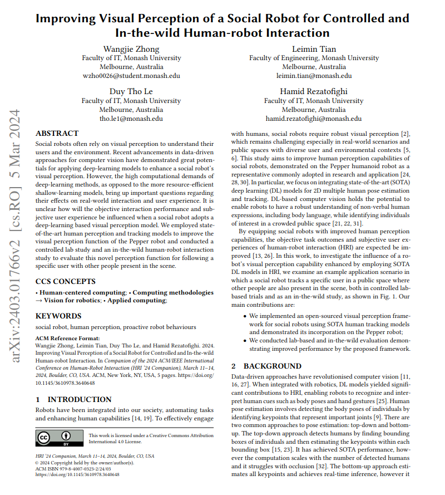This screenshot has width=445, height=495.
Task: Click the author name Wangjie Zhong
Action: pos(131,48)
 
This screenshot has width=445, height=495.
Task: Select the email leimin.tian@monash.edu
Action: pos(314,76)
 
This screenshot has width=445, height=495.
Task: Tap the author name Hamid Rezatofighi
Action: pos(314,91)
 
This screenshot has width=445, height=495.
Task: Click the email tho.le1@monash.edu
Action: pos(131,119)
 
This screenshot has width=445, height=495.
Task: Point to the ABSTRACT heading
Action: pos(57,134)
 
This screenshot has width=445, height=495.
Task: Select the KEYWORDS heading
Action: pos(59,315)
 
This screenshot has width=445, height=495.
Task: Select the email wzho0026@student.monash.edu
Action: pos(131,76)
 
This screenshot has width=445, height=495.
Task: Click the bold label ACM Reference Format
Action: pos(68,338)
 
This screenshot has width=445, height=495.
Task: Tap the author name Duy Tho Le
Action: pos(131,91)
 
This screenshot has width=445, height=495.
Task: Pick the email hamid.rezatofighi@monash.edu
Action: pos(314,119)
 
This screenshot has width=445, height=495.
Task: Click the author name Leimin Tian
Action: pos(314,48)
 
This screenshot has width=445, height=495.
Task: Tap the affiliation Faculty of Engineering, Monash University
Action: pos(314,58)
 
